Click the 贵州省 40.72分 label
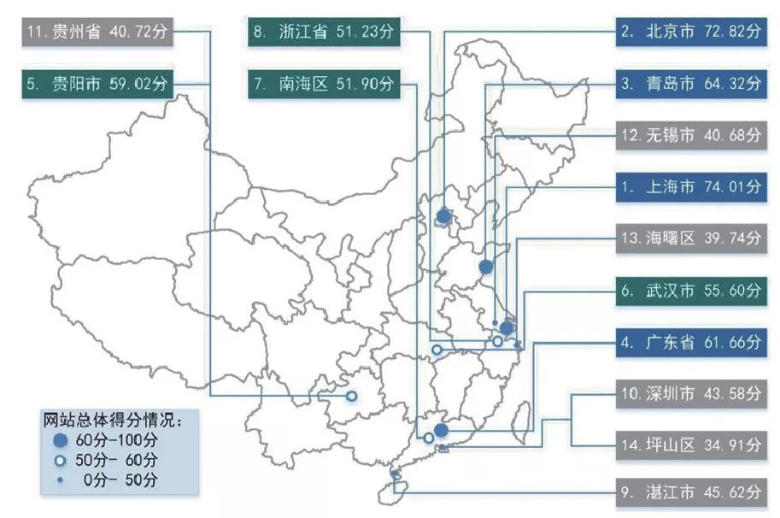(x=98, y=33)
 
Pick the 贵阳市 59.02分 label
(x=98, y=84)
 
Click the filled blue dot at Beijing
(x=443, y=216)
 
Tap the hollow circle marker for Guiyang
(x=351, y=397)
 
